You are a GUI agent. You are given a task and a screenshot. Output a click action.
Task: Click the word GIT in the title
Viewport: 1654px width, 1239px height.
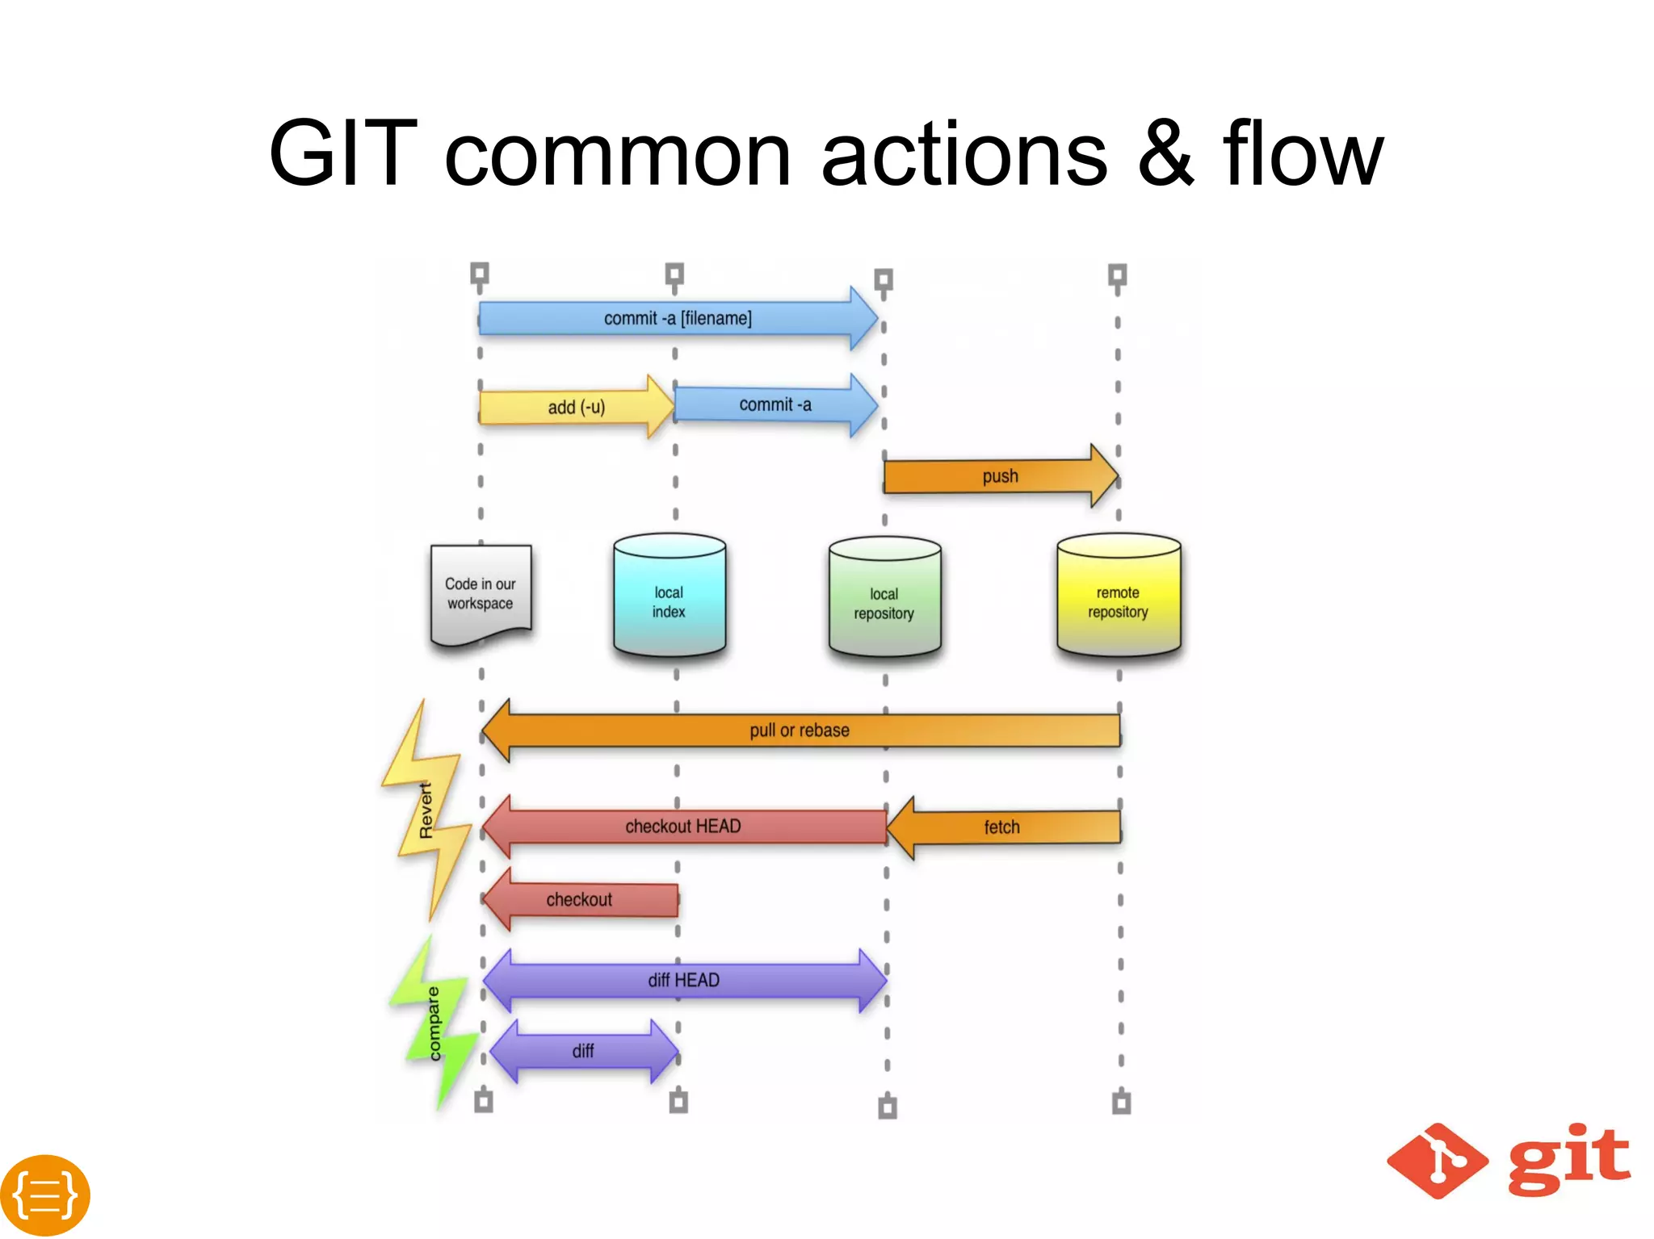click(342, 153)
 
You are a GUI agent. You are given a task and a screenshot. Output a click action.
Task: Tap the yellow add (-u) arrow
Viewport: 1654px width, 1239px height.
click(576, 407)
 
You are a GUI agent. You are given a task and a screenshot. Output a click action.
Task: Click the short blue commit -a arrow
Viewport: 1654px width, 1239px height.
click(775, 404)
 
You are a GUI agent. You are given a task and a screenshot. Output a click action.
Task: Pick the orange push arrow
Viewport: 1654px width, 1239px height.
click(1000, 476)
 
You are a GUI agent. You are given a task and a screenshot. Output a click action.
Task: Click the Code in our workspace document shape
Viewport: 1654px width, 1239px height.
click(481, 594)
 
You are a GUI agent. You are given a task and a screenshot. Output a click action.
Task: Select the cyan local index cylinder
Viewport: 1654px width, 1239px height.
click(669, 597)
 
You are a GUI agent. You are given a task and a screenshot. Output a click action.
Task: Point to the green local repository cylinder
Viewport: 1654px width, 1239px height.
click(884, 599)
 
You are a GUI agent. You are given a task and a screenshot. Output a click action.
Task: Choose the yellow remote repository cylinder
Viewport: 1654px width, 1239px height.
click(1118, 597)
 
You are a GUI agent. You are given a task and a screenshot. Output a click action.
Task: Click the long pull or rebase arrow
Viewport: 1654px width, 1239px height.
click(800, 730)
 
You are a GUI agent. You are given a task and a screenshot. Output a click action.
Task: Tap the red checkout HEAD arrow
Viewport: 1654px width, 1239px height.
click(683, 827)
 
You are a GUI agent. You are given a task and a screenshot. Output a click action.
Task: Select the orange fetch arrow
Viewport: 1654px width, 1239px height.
click(1002, 827)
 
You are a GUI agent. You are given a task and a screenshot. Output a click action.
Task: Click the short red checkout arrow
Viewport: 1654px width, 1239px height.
click(580, 899)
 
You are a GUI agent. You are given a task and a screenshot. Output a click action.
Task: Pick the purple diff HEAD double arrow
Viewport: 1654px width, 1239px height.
click(683, 980)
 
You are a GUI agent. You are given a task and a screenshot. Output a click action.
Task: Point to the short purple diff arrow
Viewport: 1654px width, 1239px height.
click(583, 1051)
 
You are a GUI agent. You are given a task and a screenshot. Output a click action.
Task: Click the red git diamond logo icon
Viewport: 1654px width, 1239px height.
click(1437, 1161)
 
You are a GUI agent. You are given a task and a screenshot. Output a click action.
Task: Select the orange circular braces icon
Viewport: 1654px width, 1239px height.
click(45, 1195)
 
